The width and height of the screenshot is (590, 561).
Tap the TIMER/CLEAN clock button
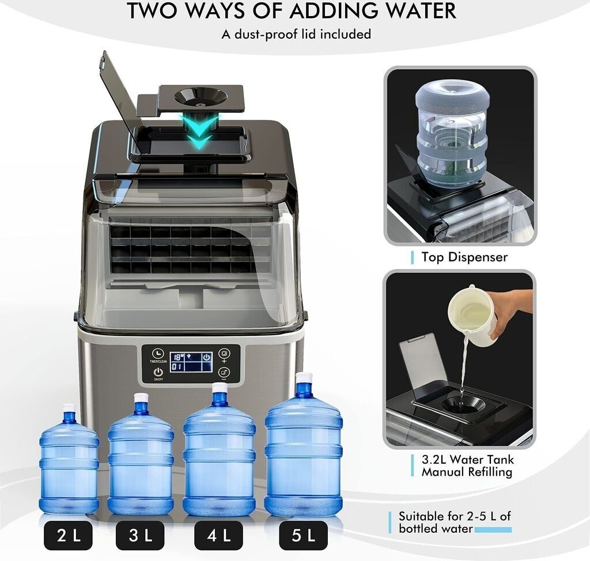coord(158,353)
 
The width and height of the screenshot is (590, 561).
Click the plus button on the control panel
coord(224,354)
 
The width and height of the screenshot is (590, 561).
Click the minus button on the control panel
coord(224,373)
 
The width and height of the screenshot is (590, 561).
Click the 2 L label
coord(68,535)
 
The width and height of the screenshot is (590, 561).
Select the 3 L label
coord(140,535)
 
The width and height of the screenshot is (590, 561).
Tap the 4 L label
coord(218,535)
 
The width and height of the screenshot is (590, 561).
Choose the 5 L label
coord(303,535)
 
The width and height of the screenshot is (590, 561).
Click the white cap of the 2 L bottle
coord(69,407)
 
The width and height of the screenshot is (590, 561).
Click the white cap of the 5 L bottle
coord(304,377)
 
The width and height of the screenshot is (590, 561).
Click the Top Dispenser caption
coord(464,257)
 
